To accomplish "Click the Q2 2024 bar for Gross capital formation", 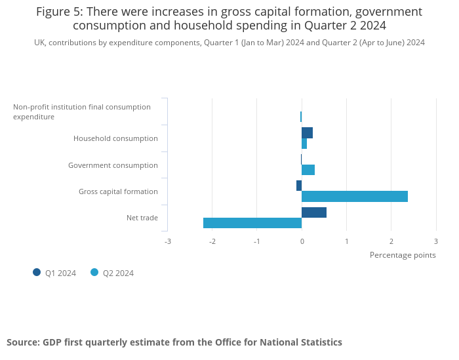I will pos(355,196).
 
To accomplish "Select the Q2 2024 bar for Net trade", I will pos(252,223).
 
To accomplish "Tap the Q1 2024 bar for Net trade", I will pos(314,212).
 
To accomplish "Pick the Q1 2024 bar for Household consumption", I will pos(307,133).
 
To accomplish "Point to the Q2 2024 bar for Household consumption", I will pos(304,144).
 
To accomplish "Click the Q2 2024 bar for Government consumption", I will pos(308,170).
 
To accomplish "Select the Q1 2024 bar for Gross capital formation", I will pos(299,186).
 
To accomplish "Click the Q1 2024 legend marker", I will pos(37,272).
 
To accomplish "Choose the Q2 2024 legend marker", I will pos(94,272).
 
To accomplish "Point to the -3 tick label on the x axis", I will pos(167,241).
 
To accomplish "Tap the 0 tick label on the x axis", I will pos(302,241).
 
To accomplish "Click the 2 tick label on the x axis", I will pos(391,241).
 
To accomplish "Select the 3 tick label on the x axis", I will pos(435,241).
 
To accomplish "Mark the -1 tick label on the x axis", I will pos(256,241).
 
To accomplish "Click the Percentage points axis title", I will pos(403,255).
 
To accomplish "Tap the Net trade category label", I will pos(142,218).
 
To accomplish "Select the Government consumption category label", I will pos(113,165).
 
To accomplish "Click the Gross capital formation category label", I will pos(118,191).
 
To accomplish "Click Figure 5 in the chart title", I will pos(60,12).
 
